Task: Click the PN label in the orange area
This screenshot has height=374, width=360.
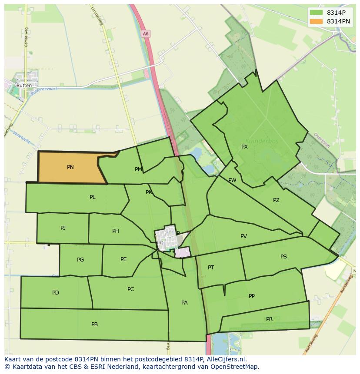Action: click(x=70, y=167)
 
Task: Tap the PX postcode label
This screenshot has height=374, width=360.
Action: click(x=244, y=147)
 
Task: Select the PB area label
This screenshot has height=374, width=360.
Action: click(x=94, y=324)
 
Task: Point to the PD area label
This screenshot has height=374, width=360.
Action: click(x=56, y=293)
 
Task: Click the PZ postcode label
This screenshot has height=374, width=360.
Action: click(x=276, y=200)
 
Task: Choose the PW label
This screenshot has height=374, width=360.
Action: click(x=232, y=180)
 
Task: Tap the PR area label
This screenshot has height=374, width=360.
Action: click(x=269, y=319)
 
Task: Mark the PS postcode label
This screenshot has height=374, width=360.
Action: click(x=283, y=257)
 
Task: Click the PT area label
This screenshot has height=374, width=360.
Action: click(x=211, y=268)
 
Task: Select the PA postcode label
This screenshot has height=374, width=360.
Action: click(x=184, y=303)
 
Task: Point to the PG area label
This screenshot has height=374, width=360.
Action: click(x=80, y=260)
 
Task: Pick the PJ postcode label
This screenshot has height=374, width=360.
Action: click(x=63, y=228)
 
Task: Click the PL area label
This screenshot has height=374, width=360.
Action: click(x=92, y=197)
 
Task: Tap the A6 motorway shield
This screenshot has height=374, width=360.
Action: click(x=146, y=33)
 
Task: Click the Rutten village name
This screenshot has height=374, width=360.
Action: click(x=24, y=86)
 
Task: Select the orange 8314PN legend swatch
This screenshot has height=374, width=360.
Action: click(x=317, y=21)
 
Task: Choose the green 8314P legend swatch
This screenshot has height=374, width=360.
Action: click(x=317, y=13)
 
